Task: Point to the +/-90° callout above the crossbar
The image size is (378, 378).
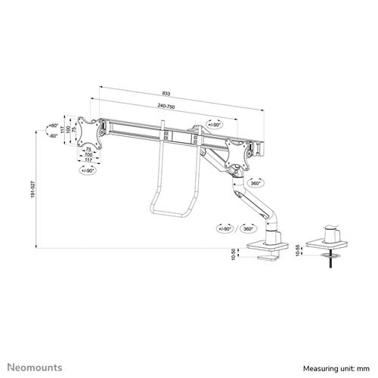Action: coord(216,124)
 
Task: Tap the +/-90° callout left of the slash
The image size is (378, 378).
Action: coord(224,228)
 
